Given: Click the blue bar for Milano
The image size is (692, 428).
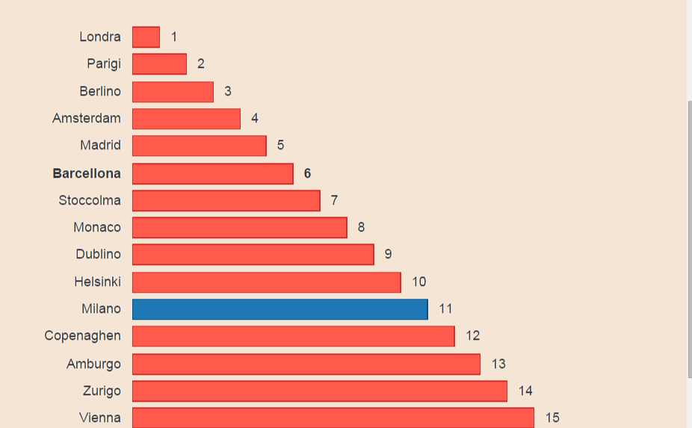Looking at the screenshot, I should point(280,309).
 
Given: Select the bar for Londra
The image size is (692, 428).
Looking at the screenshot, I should point(146,37).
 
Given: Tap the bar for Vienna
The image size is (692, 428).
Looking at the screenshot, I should point(333,418).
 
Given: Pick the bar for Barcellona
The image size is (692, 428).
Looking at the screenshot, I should point(213,173).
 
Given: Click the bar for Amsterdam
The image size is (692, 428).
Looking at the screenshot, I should point(186,119).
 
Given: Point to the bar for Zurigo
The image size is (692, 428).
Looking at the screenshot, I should point(320,391).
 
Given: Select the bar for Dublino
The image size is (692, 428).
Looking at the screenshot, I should point(253,255).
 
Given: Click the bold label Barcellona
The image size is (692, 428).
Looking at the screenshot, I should point(87,173).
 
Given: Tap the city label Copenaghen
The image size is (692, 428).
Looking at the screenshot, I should point(82,336).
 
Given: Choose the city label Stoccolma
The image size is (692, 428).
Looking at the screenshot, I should point(90,200).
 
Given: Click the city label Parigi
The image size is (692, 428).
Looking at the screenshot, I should point(104,64).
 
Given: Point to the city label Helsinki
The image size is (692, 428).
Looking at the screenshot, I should point(97,282).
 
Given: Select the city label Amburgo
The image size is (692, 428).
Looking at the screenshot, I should point(93,364).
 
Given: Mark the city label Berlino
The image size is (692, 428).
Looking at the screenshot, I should point(100,91).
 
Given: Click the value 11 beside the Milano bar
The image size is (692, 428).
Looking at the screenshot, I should point(446,308).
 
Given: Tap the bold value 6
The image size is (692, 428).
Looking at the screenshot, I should point(307,173).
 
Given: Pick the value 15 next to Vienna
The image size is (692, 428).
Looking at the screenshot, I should point(552,418).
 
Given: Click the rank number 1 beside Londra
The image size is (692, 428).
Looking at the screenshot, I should point(174,37).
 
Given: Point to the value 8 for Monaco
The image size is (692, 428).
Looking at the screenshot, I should point(361,227).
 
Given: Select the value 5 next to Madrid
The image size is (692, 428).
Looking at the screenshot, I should point(280,145).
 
